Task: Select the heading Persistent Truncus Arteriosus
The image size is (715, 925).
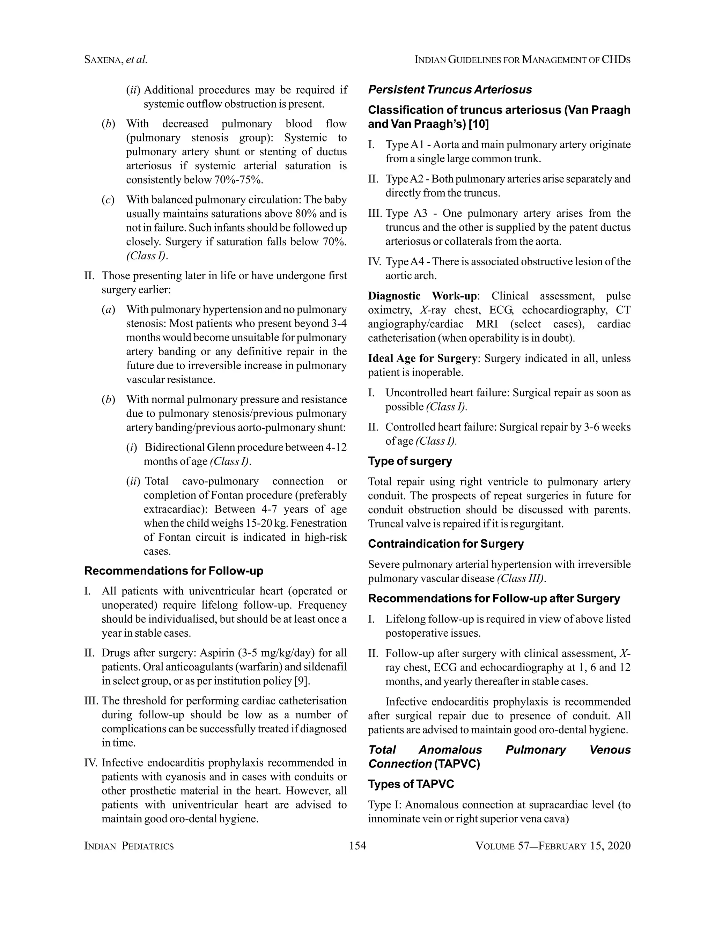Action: click(450, 90)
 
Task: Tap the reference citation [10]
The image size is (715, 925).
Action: click(479, 124)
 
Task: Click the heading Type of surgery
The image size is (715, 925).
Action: click(410, 461)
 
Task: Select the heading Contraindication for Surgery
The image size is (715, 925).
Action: click(445, 544)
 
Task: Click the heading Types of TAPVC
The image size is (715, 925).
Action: click(411, 784)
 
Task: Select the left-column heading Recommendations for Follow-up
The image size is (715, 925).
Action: click(174, 571)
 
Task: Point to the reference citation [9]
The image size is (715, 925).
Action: click(302, 681)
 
